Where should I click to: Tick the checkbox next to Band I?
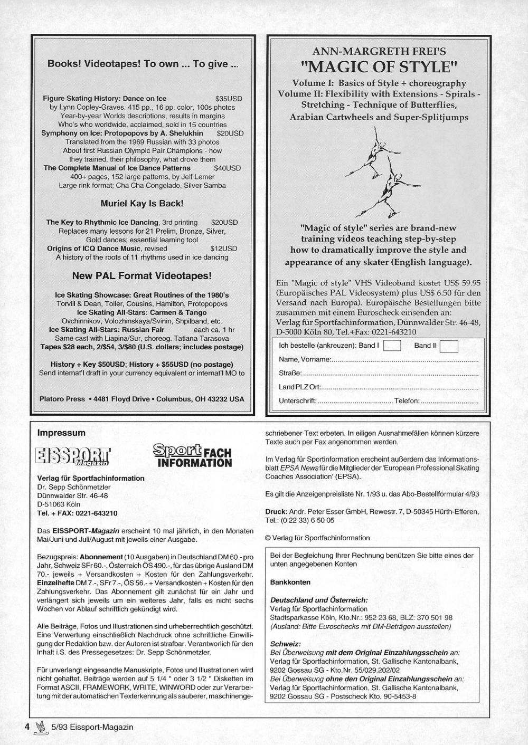point(392,346)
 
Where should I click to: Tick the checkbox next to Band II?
point(448,346)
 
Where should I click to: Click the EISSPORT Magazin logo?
point(74,457)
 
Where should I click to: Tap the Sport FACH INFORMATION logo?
point(192,456)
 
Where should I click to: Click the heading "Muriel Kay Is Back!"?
point(142,203)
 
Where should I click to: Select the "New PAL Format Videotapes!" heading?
point(142,275)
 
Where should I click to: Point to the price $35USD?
point(229,98)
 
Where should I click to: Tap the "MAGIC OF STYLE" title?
point(379,67)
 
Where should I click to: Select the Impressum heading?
point(61,433)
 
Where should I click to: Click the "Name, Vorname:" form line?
point(378,359)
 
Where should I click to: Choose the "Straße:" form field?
point(378,373)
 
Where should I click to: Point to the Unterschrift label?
point(297,401)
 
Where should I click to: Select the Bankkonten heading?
point(290,582)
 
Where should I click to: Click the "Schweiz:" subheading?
point(285,644)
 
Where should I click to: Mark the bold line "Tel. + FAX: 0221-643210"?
point(77,513)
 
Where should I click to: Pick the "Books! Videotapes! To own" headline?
point(143,64)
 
